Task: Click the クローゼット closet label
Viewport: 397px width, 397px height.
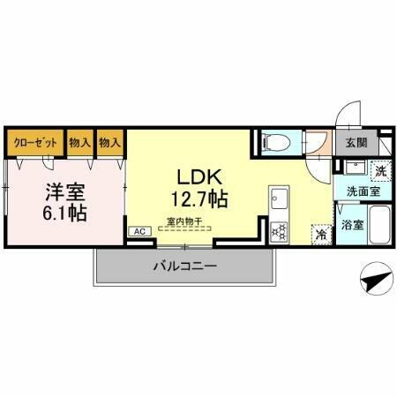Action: click(x=35, y=142)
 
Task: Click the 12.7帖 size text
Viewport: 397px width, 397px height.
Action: click(x=201, y=198)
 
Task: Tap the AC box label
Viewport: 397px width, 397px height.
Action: click(x=139, y=231)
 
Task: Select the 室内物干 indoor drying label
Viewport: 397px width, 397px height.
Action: click(x=184, y=222)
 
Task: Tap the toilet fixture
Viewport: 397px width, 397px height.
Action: click(x=272, y=142)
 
